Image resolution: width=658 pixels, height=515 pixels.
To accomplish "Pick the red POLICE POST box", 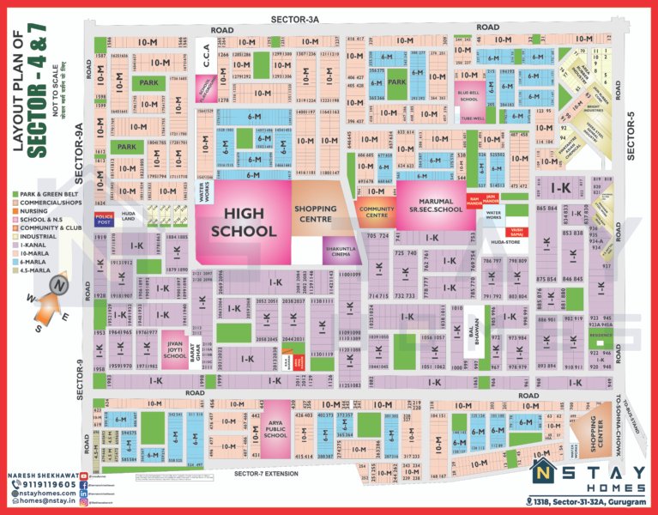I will (x=105, y=219).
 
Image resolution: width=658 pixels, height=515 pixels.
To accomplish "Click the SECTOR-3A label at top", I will (x=295, y=19).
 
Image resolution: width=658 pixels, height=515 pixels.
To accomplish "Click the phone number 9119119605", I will (x=41, y=484).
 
